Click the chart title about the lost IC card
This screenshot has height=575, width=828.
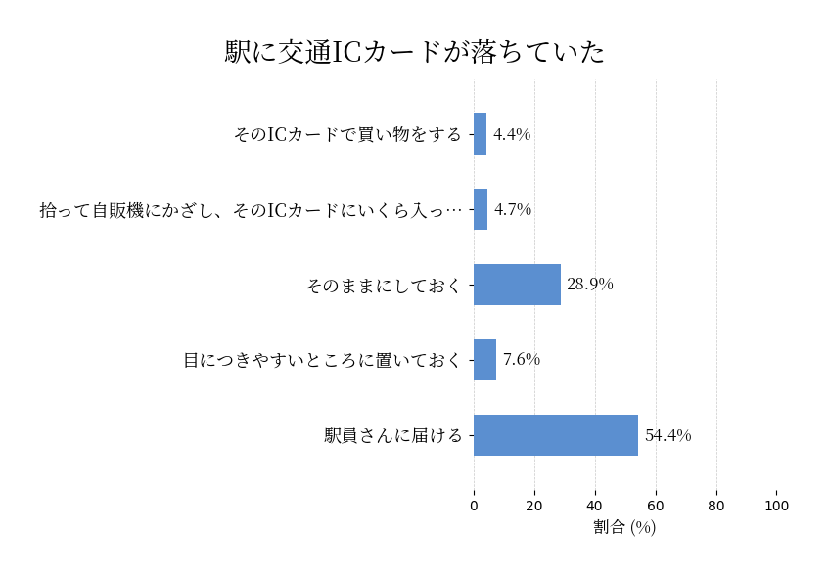(x=415, y=52)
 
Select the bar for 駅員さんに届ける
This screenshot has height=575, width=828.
(x=556, y=435)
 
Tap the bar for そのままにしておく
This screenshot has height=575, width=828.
(x=517, y=285)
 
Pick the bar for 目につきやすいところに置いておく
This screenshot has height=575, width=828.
(x=484, y=360)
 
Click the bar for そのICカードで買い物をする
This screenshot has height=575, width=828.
(x=480, y=135)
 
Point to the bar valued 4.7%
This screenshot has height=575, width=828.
(x=481, y=209)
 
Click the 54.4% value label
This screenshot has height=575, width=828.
(x=667, y=436)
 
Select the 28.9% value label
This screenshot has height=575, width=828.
(x=589, y=285)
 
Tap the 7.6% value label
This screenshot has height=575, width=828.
(x=521, y=360)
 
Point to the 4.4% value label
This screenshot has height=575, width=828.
(x=511, y=135)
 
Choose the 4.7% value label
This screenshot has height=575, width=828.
(x=512, y=210)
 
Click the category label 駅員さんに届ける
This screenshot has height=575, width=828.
(x=392, y=436)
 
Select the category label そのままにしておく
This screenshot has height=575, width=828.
(x=383, y=286)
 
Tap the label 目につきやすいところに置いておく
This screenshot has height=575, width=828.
(x=322, y=361)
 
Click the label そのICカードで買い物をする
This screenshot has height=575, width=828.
(x=346, y=135)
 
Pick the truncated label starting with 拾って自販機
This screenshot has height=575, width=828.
(x=251, y=210)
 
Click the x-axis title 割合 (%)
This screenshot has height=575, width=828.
(x=624, y=527)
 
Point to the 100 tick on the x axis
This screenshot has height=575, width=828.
(x=776, y=507)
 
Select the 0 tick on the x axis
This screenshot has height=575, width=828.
(x=474, y=507)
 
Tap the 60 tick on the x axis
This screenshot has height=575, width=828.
(x=656, y=507)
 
